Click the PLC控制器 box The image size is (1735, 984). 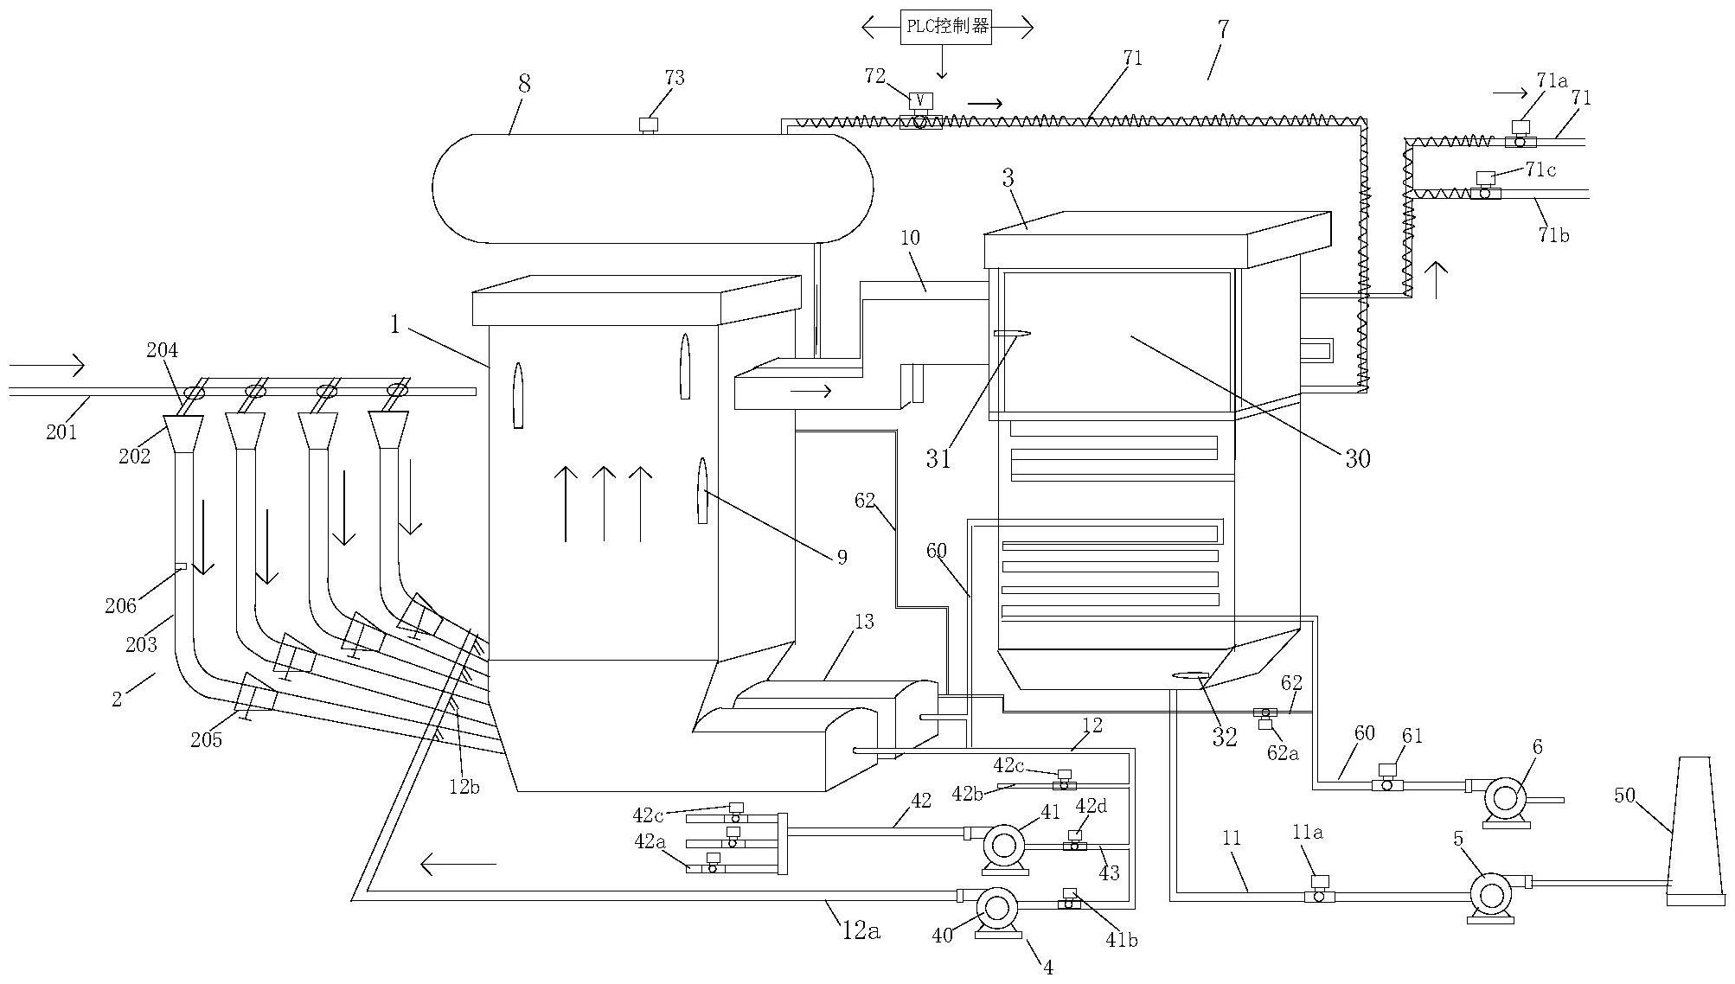click(945, 28)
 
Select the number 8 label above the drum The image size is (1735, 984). click(524, 84)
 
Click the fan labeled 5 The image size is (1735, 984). click(1490, 895)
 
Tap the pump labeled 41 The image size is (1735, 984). click(1004, 845)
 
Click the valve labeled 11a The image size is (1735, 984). click(1319, 892)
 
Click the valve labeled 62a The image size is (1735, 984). click(1265, 716)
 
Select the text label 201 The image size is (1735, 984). click(61, 431)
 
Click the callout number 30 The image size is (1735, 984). click(1357, 458)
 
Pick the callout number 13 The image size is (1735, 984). click(863, 621)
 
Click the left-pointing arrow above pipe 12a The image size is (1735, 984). click(458, 863)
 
